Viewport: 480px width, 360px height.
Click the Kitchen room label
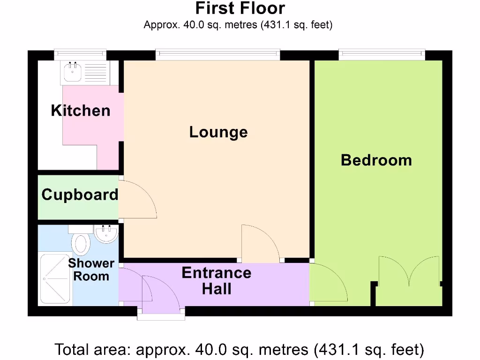point(81,111)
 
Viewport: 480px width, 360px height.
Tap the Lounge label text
point(218,132)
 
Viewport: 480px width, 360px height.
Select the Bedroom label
point(376,160)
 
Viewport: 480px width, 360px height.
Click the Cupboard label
point(80,195)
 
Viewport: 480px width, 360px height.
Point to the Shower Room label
point(91,270)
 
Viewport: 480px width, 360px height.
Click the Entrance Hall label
point(217,280)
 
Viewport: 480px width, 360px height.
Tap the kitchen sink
point(72,73)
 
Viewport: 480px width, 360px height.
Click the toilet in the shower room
point(82,243)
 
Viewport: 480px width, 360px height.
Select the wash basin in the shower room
point(105,233)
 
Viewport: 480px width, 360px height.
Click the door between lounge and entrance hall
point(260,244)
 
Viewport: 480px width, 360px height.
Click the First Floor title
point(240,8)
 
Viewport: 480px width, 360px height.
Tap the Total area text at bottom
point(240,349)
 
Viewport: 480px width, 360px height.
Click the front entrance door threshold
point(161,316)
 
